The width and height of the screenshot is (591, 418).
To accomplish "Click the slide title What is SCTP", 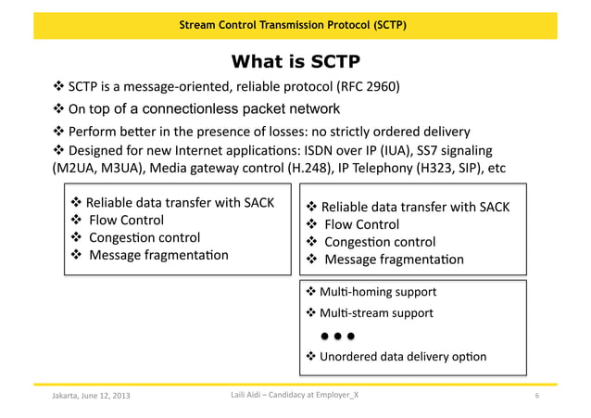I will (x=295, y=62).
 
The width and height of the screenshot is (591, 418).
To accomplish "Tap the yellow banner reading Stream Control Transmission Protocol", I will (x=295, y=24).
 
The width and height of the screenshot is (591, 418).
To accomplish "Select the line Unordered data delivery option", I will (x=403, y=357).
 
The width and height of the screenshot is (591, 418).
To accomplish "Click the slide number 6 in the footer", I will (x=537, y=397).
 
